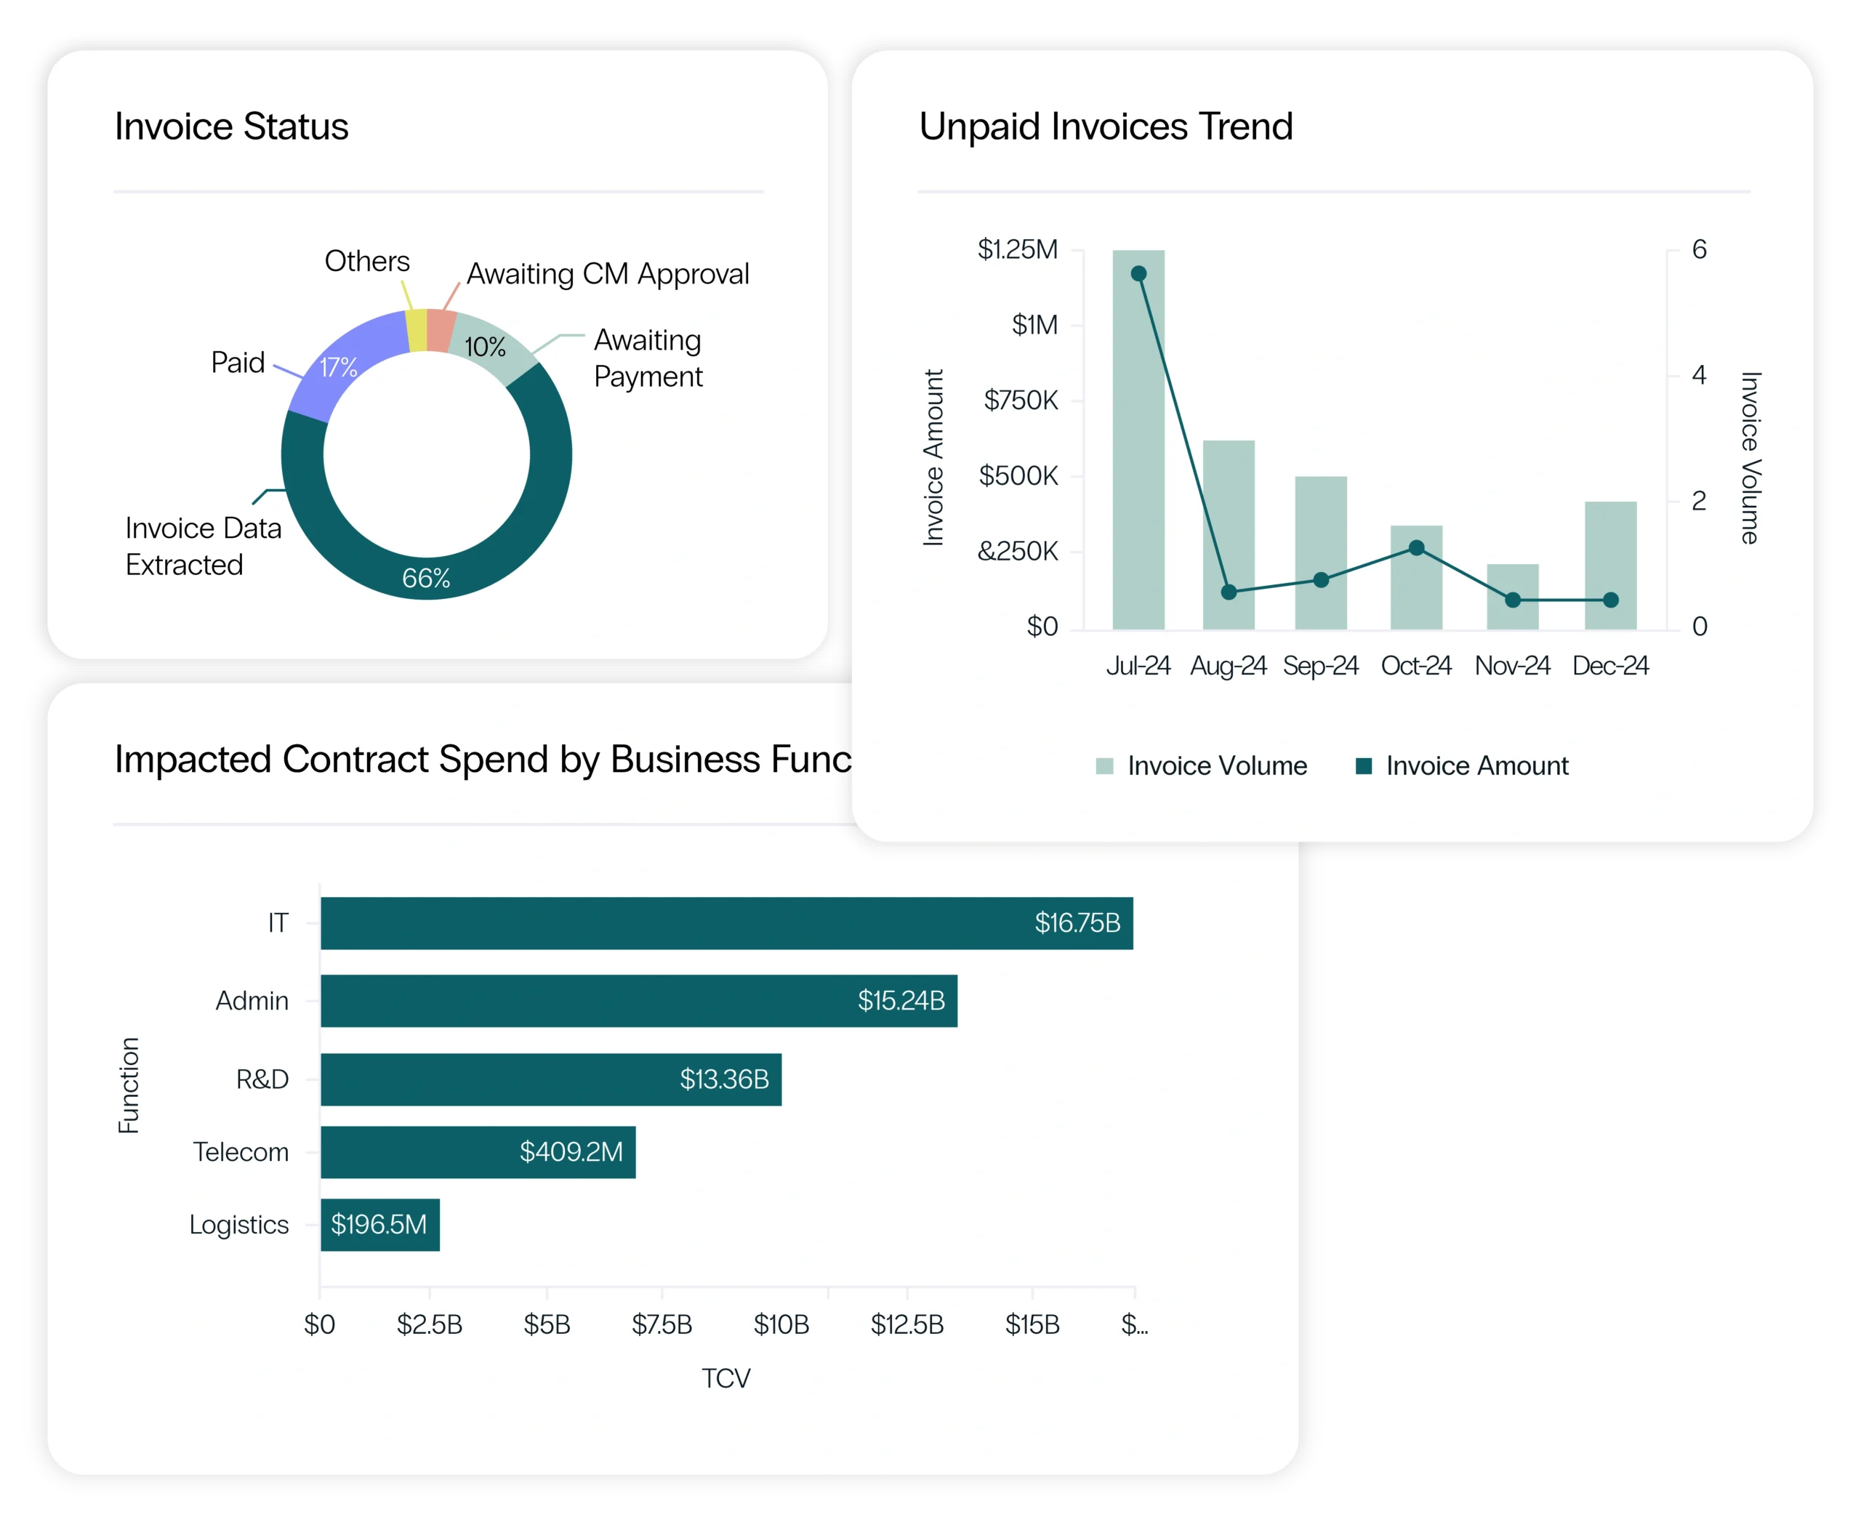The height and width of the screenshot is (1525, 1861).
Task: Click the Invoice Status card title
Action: click(231, 126)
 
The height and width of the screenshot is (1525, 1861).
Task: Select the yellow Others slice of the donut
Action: click(417, 330)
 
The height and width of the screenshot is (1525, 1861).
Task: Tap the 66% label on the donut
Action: click(426, 578)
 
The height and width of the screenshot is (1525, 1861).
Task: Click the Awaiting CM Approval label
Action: click(607, 274)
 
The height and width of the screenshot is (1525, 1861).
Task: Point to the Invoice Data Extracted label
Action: click(203, 545)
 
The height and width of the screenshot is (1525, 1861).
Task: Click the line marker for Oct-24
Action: click(1416, 548)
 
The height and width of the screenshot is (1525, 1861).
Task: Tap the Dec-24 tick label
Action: click(1609, 666)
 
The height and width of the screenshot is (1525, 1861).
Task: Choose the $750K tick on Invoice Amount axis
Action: click(1020, 401)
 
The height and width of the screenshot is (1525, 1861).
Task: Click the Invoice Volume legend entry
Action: click(1201, 766)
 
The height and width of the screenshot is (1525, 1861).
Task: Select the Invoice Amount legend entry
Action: click(1462, 766)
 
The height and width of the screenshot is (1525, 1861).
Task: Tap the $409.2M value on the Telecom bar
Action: click(571, 1151)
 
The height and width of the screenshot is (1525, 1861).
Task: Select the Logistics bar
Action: click(379, 1225)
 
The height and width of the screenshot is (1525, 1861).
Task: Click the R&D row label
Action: click(262, 1079)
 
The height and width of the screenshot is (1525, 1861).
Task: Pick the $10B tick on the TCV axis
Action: click(781, 1324)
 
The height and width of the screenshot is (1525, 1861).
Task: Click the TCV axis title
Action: click(725, 1378)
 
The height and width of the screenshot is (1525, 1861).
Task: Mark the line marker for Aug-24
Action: click(1229, 592)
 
